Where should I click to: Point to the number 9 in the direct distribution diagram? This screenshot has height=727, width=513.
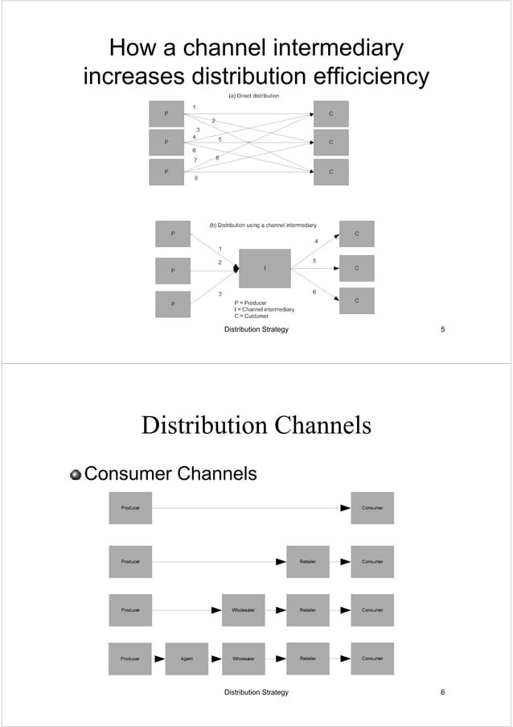click(x=196, y=178)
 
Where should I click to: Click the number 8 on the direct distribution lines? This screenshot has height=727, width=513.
click(x=216, y=158)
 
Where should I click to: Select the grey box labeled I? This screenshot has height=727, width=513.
click(x=265, y=268)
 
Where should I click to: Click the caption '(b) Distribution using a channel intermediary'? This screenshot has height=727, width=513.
click(x=263, y=225)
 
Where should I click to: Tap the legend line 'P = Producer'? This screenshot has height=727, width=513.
click(x=244, y=303)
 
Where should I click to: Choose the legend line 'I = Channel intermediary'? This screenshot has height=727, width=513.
click(x=264, y=310)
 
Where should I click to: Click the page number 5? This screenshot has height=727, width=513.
click(x=443, y=330)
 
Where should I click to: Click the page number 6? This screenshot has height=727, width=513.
click(x=443, y=692)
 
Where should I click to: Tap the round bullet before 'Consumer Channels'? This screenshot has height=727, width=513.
click(x=76, y=474)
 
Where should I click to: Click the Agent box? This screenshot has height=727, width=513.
click(x=187, y=659)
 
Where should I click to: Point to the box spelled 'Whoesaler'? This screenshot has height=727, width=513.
click(x=243, y=659)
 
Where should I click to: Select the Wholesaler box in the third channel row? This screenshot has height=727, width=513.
click(x=243, y=610)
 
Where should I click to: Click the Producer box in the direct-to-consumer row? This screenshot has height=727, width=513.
click(x=130, y=508)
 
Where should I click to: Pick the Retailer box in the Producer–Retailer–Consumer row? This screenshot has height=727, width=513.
click(x=307, y=561)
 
